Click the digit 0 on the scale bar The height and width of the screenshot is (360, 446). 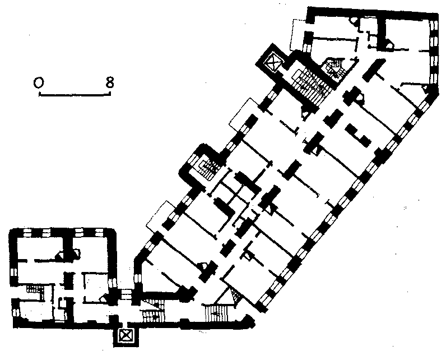point(39,82)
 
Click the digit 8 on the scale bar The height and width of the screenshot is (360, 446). point(109,82)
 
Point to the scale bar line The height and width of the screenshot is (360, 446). point(75,94)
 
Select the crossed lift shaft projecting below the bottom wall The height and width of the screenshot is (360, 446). point(126,336)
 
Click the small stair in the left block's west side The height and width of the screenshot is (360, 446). point(35,291)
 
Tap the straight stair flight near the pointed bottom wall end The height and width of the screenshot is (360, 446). point(217,313)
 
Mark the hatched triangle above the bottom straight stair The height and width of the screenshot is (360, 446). point(235,296)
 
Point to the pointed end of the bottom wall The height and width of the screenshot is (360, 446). point(254,322)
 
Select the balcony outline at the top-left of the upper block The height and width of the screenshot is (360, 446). point(298,35)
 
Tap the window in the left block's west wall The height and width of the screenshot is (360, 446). point(13,273)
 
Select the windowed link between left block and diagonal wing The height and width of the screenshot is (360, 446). point(125,294)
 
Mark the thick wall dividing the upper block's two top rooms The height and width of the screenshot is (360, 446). point(381,32)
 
